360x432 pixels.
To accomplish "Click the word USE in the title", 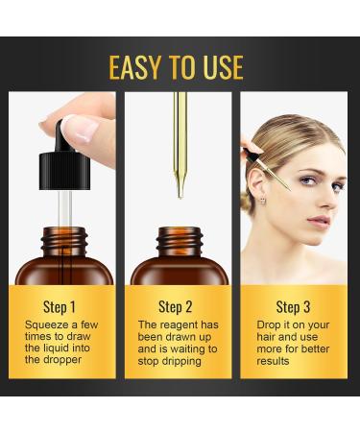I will [x=222, y=66].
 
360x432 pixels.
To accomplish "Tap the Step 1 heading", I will [x=60, y=307].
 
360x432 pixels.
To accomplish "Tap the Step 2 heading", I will [x=179, y=307].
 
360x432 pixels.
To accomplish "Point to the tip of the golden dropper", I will [x=180, y=194].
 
